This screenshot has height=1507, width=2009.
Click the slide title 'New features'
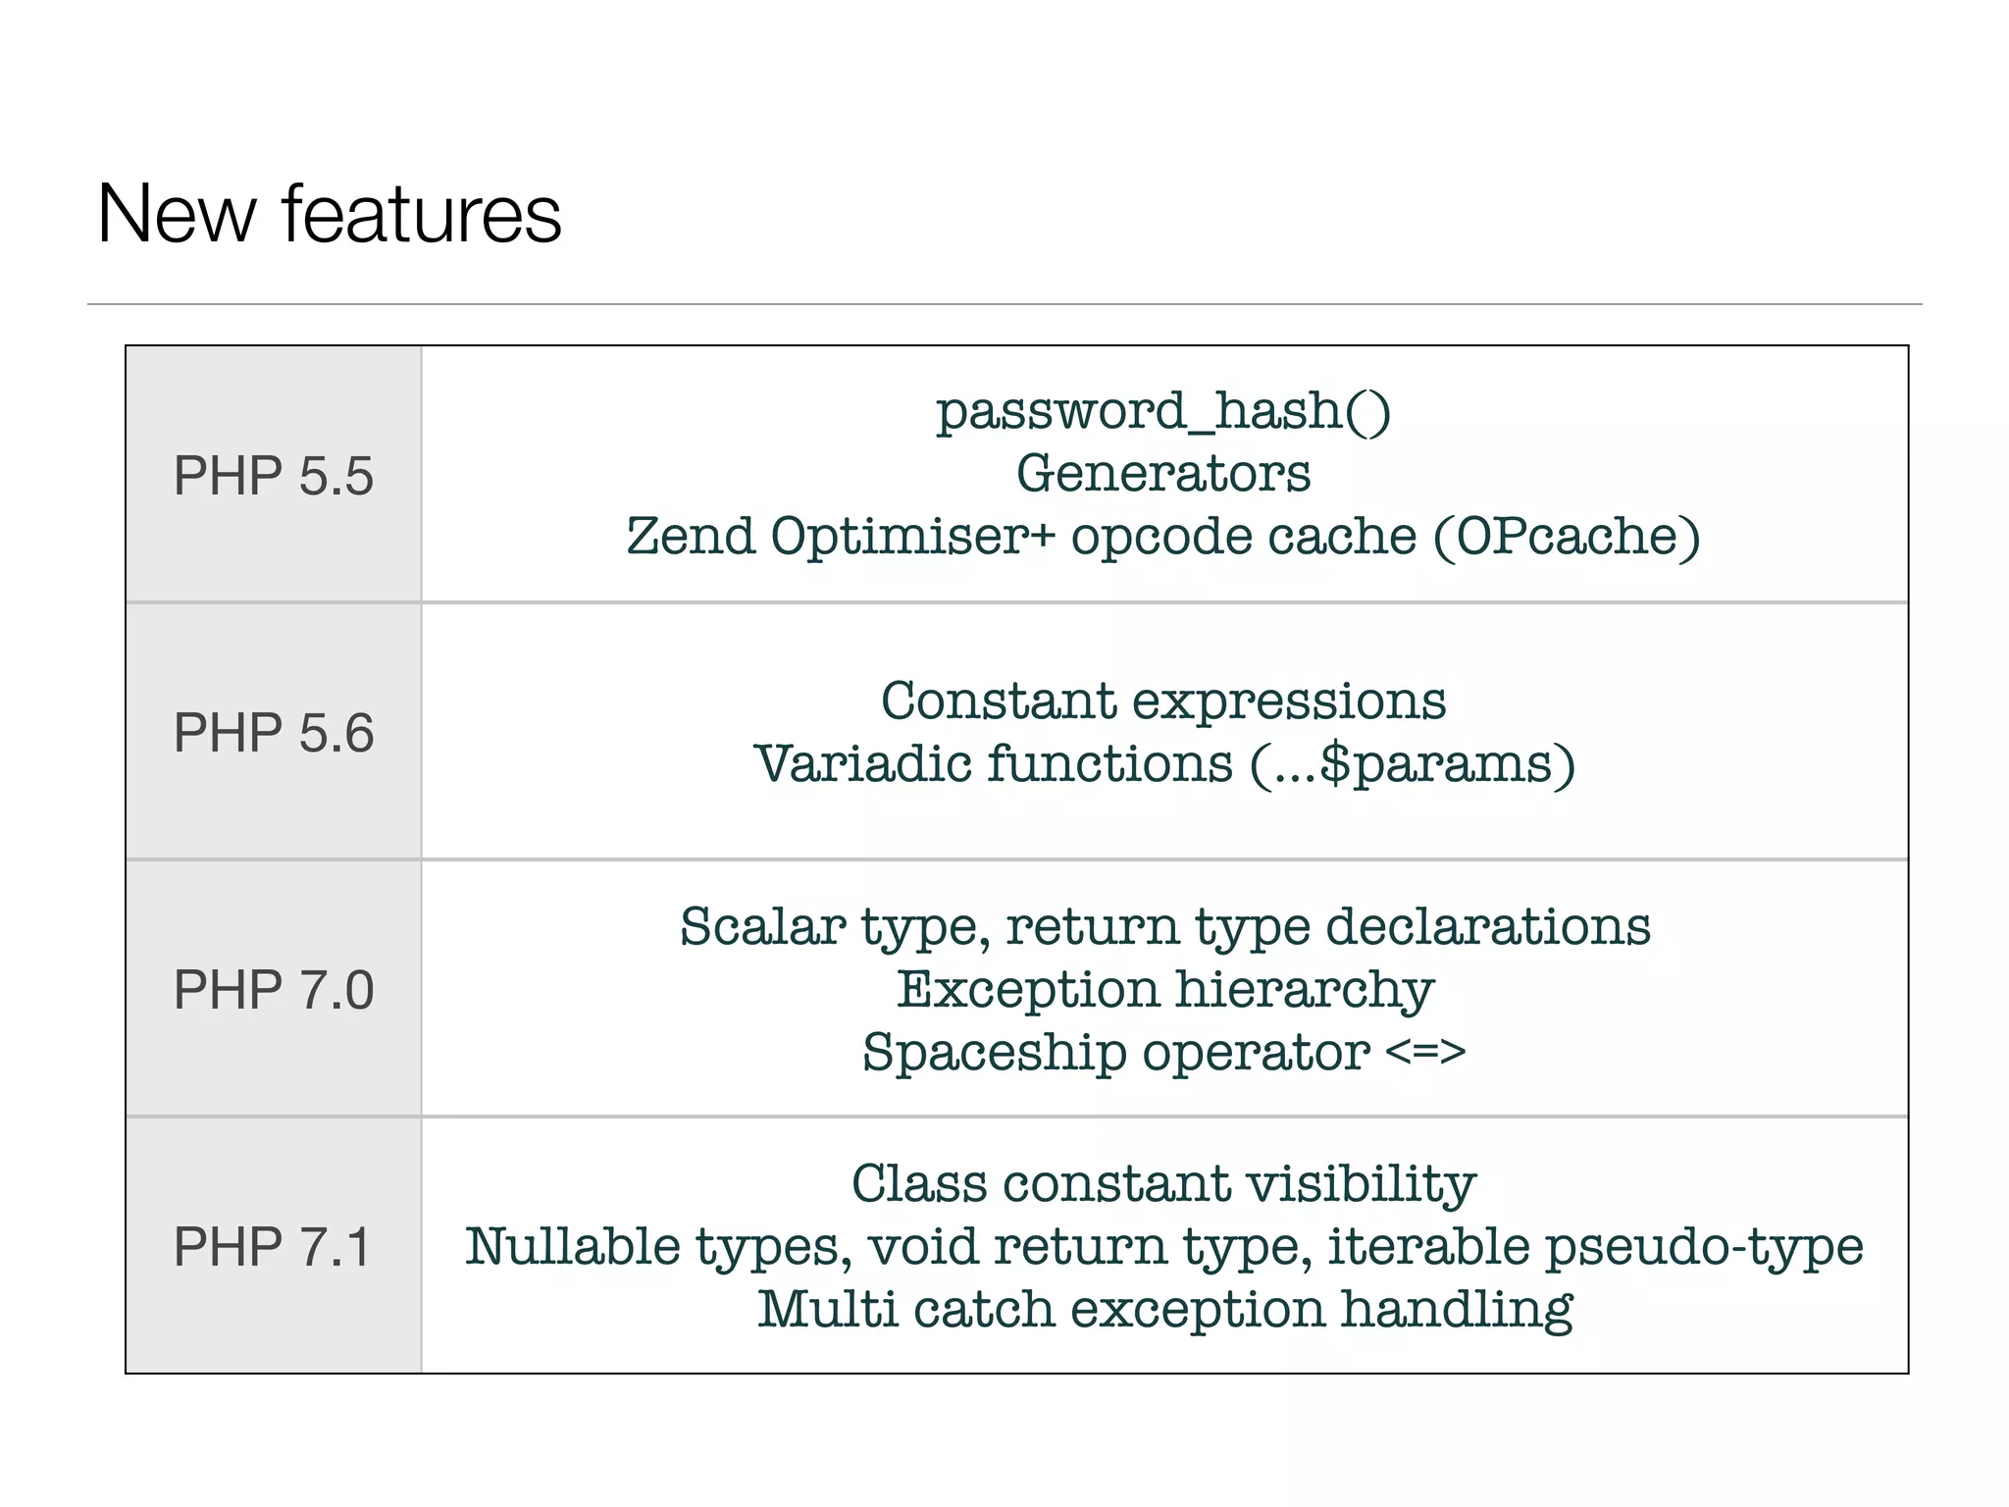330,214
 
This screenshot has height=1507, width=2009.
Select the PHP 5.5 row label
274,476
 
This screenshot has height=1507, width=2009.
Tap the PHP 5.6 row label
274,733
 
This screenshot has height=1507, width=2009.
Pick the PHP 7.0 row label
274,989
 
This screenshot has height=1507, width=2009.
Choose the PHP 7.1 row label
272,1246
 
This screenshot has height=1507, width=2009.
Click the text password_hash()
1163,410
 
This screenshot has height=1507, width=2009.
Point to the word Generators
1163,473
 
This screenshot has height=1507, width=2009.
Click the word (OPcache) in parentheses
1567,537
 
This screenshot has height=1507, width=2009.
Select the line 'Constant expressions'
1163,701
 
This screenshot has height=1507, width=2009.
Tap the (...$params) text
1413,764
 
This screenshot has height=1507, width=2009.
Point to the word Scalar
763,926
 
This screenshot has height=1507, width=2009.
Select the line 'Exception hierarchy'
1164,989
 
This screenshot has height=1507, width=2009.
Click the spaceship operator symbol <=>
1425,1052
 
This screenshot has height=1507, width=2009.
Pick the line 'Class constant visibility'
1163,1183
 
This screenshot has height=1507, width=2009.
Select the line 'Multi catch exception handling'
1164,1310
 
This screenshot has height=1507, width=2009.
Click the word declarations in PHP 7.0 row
1488,926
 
